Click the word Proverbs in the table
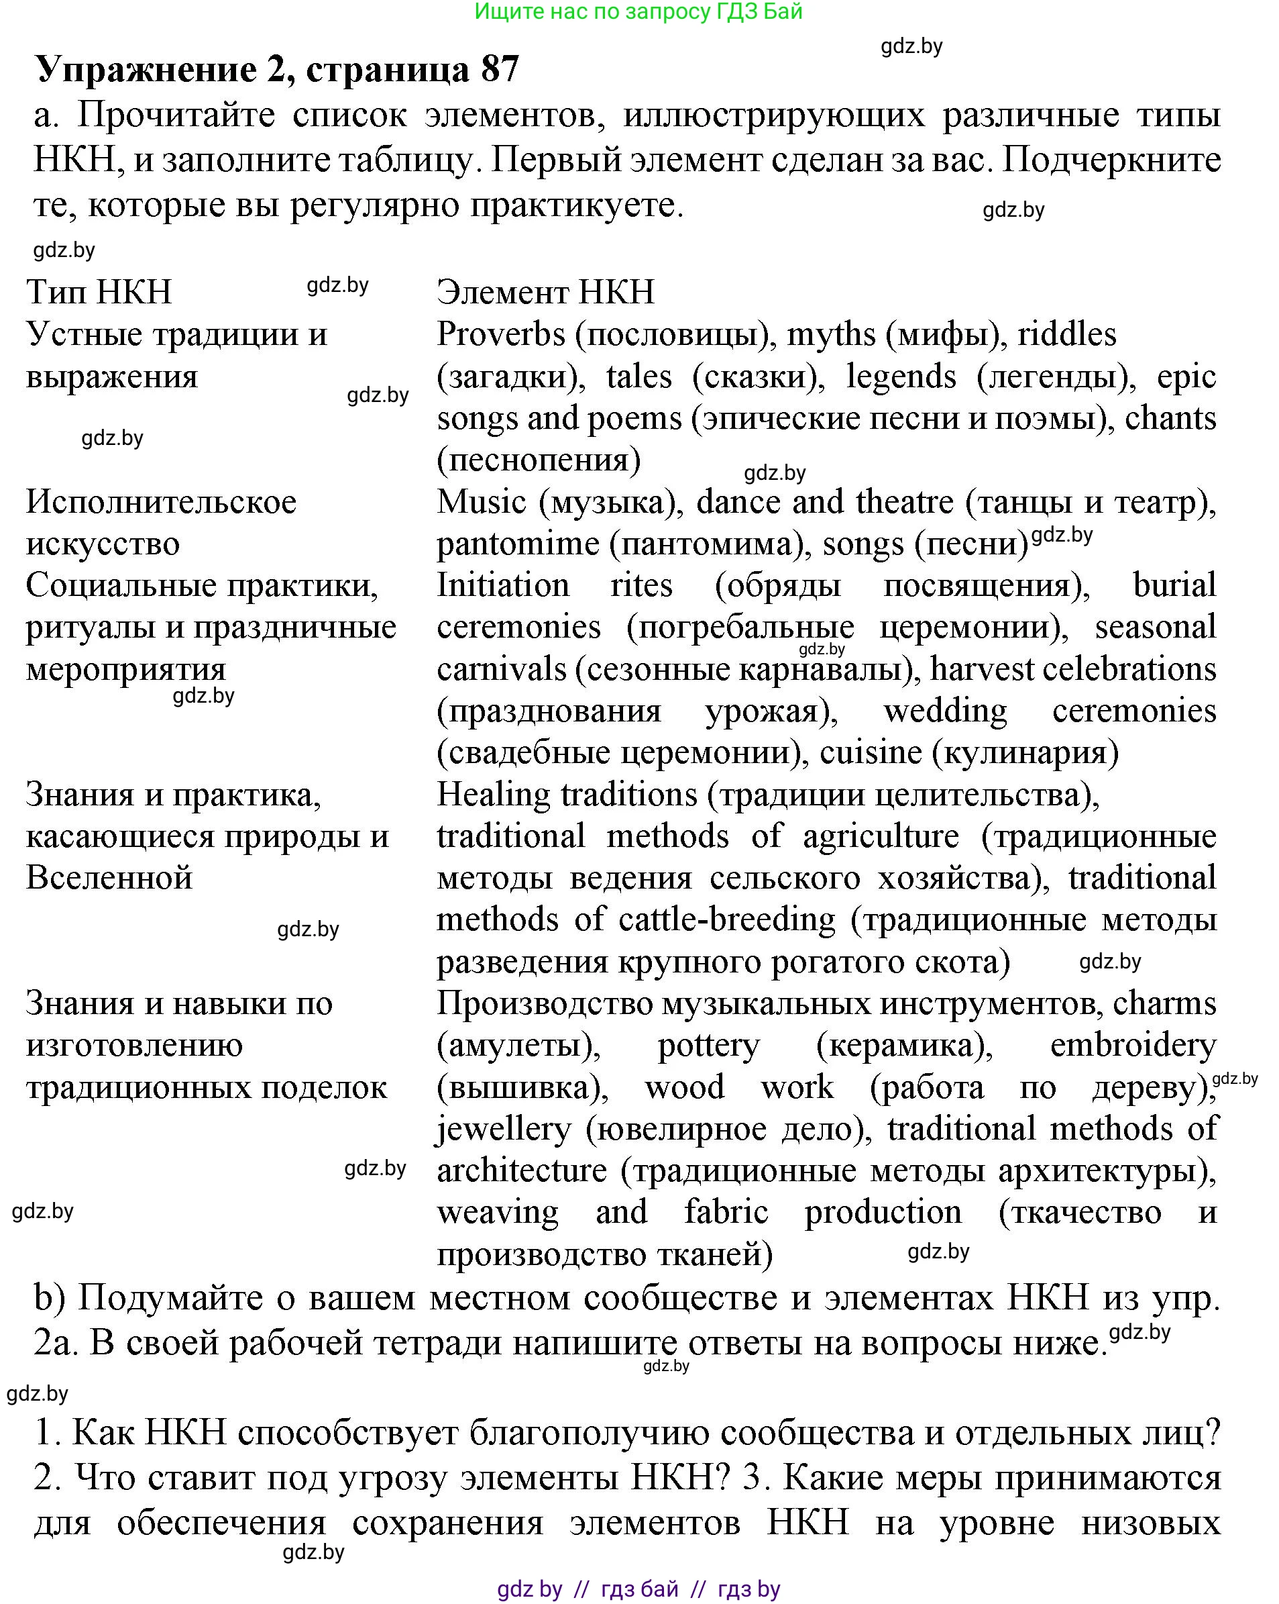tap(500, 335)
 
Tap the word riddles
tap(1066, 335)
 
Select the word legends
tap(901, 377)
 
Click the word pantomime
tap(518, 544)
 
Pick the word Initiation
tap(502, 585)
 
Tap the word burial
tap(1174, 585)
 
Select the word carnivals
tap(501, 670)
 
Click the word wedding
tap(944, 711)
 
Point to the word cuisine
tap(870, 753)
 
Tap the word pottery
tap(709, 1046)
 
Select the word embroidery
tap(1133, 1046)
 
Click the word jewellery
tap(502, 1130)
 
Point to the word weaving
tap(498, 1213)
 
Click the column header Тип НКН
tap(99, 292)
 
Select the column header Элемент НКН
tap(545, 292)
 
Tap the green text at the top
tap(638, 11)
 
